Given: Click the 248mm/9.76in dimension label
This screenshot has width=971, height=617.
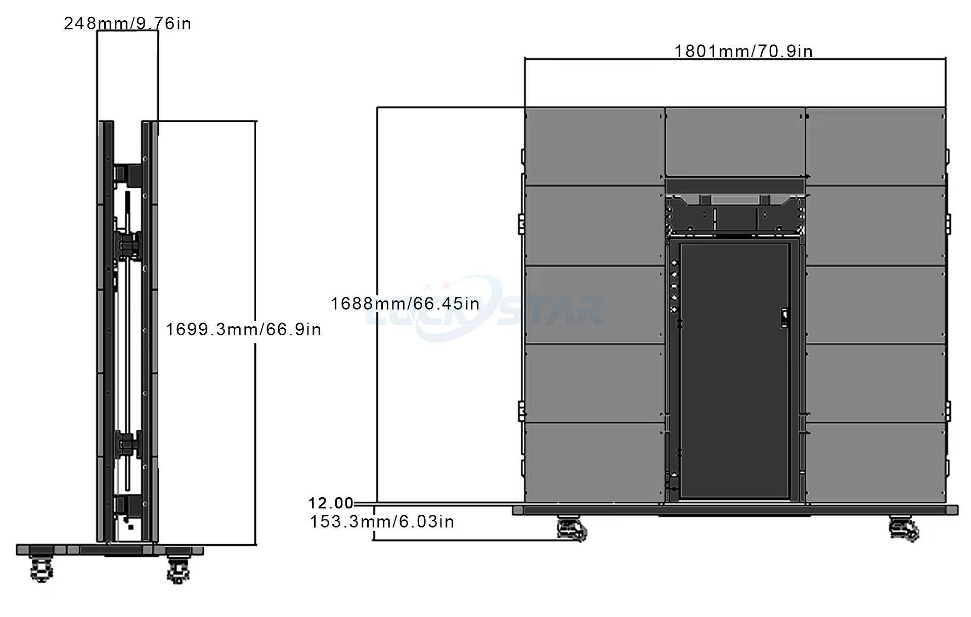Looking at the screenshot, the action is click(x=127, y=24).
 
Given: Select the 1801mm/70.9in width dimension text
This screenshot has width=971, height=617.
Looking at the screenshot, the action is click(x=743, y=51).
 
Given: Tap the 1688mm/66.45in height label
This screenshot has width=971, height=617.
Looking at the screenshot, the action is click(x=405, y=303).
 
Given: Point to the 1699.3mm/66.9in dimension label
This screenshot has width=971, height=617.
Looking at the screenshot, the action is click(x=243, y=329).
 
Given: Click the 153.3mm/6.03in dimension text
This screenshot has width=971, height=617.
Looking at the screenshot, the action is click(x=382, y=521).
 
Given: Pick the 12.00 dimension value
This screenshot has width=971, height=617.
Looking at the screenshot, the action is click(x=331, y=503).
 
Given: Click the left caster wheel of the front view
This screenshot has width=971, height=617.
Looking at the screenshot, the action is click(x=571, y=529).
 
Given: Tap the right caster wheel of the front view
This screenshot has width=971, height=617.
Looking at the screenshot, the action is click(x=904, y=529).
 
